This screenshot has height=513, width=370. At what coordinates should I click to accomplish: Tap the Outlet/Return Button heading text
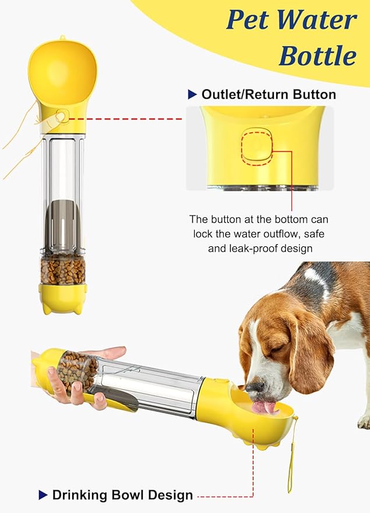pos(269,95)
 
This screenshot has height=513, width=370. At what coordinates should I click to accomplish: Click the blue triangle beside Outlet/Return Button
pos(192,95)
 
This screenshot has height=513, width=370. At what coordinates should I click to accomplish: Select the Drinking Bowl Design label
pos(122,495)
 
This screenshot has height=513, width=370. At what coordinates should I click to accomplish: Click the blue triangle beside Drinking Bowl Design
pos(43,495)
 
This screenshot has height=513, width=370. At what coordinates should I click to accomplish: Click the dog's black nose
pos(252,387)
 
